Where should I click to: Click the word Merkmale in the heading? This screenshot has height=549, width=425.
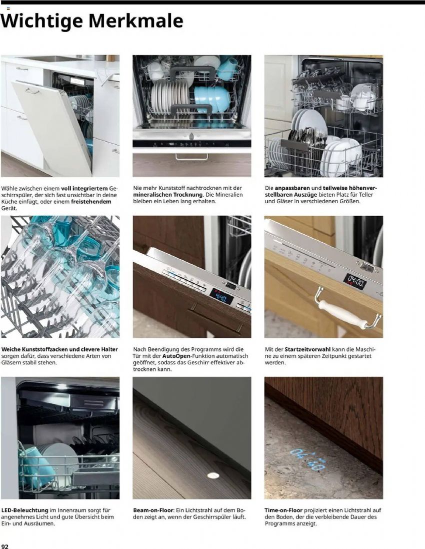(x=135, y=21)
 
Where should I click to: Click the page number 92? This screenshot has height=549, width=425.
(x=4, y=545)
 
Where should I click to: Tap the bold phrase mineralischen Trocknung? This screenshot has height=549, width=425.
(x=168, y=194)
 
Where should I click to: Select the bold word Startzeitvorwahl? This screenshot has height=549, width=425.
(x=307, y=349)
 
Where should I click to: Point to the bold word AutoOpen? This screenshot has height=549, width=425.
(x=176, y=356)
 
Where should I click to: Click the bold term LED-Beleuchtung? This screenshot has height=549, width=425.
(x=25, y=510)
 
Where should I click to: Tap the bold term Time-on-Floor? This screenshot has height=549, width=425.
(x=283, y=510)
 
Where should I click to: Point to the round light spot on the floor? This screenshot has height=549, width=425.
(x=213, y=475)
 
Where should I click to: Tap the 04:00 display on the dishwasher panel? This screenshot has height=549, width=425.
(x=354, y=281)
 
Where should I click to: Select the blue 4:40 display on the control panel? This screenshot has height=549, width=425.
(x=222, y=296)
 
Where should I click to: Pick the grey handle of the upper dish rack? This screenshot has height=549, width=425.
(x=192, y=72)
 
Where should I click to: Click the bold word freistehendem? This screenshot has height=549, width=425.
(x=91, y=202)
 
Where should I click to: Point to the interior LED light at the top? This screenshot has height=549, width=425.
(x=61, y=386)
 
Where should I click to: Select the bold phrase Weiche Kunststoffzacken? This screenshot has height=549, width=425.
(x=34, y=349)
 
